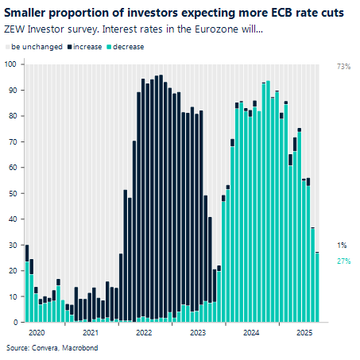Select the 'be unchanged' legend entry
pos(32,48)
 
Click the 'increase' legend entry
pos(94,48)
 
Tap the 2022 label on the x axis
pos(145,333)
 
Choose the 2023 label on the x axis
pos(198,333)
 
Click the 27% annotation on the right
pos(344,261)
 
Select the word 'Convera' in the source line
pos(44,348)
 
